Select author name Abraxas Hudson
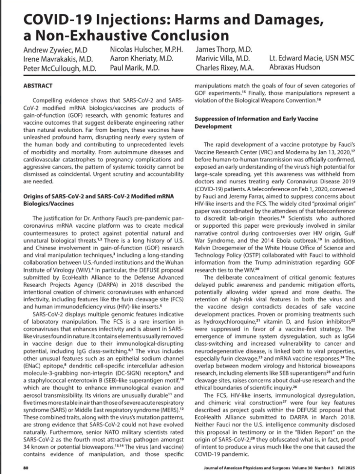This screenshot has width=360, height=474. (x=293, y=68)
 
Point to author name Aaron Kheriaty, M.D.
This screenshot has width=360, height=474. (x=141, y=59)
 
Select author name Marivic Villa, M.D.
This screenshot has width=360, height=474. (x=223, y=59)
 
